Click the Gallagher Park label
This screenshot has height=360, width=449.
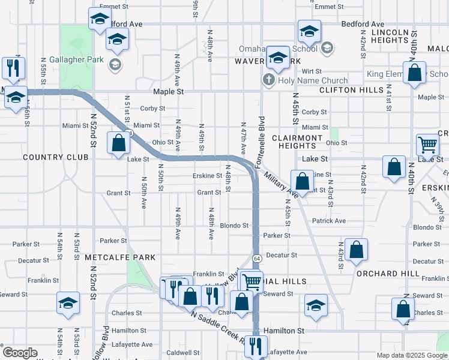tap(72, 60)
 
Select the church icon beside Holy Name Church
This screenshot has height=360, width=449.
tap(268, 80)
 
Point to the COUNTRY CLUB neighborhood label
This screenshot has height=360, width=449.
tap(55, 157)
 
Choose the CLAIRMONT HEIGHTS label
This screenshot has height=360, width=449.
tap(297, 142)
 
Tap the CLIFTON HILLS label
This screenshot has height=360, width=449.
tap(351, 90)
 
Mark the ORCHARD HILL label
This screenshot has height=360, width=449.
tap(388, 273)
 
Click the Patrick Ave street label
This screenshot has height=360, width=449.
tap(329, 221)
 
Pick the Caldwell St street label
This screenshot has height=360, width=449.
tap(182, 353)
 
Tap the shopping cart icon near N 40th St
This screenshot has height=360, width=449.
tap(427, 144)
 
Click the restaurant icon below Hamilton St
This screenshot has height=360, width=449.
tap(256, 346)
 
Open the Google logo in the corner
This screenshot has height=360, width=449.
tap(20, 353)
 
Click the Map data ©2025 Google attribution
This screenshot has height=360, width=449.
tap(411, 355)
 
